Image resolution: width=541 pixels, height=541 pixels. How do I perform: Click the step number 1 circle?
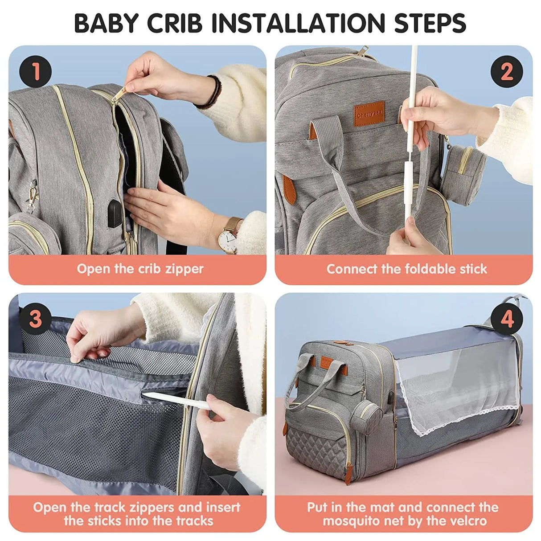36,71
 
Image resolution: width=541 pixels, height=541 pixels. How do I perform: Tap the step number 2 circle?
506,71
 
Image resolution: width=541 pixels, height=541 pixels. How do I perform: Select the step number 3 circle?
36,319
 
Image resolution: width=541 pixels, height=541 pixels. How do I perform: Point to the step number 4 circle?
507,319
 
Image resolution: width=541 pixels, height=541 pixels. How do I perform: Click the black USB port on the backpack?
115,213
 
